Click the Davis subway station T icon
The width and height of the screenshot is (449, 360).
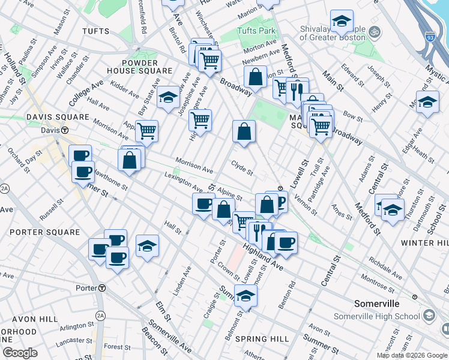point(64,130)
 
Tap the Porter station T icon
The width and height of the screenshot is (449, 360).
point(103,288)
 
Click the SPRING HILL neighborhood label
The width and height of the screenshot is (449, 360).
point(258,339)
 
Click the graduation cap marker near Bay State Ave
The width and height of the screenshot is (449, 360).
point(169,97)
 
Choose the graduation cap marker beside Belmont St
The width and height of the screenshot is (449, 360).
point(246,296)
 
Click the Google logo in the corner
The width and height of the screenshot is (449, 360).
point(20,353)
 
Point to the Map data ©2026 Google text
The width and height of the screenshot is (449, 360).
point(412,355)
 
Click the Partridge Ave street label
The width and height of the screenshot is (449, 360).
point(325,180)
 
